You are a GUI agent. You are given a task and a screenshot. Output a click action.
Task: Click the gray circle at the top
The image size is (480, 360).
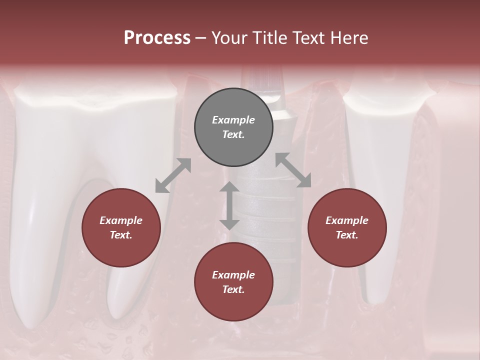click(233, 127)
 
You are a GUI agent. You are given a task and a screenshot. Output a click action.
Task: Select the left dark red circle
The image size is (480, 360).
click(121, 227)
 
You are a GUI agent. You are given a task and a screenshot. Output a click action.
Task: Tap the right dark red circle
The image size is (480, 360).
click(347, 227)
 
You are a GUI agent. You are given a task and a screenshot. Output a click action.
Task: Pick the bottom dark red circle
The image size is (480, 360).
click(233, 282)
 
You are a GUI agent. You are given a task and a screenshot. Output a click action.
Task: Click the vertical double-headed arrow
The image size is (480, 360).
click(229, 205)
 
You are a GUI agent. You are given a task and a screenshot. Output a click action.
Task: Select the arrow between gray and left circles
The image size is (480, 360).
click(173, 175)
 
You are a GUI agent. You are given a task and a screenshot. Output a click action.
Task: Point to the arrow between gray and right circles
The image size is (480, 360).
click(293, 170)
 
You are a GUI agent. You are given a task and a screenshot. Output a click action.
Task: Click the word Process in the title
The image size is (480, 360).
click(157, 37)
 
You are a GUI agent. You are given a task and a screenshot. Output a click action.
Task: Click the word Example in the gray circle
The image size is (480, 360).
click(233, 120)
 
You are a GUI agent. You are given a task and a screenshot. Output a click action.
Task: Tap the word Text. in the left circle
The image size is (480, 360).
click(121, 235)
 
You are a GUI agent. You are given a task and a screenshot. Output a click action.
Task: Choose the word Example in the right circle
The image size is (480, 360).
click(347, 220)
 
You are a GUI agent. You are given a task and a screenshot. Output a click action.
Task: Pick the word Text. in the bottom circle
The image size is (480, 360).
click(233, 289)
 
